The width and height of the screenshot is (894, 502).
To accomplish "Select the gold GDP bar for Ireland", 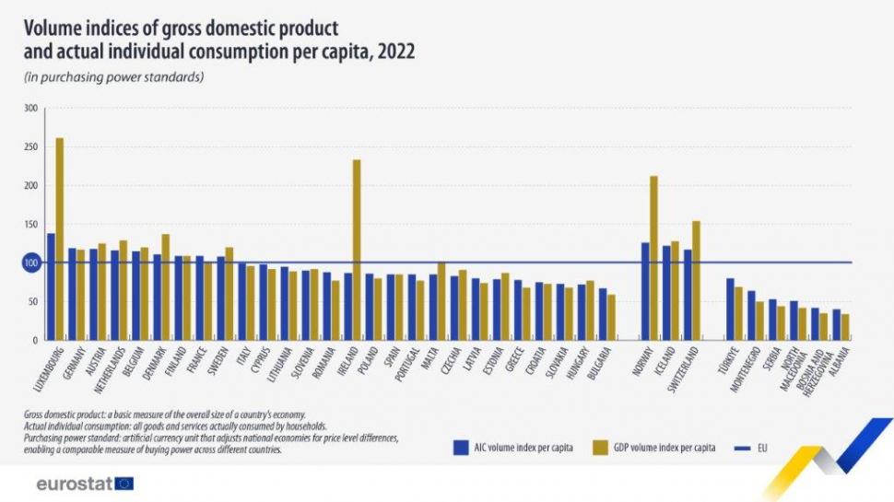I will point(357,250).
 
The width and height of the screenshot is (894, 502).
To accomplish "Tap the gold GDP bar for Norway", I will point(653,258).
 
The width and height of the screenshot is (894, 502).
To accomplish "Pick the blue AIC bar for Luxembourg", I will point(51,286).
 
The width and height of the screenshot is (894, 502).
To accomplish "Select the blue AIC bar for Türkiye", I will point(730,309).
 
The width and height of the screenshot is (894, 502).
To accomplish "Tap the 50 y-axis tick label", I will point(32,302).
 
